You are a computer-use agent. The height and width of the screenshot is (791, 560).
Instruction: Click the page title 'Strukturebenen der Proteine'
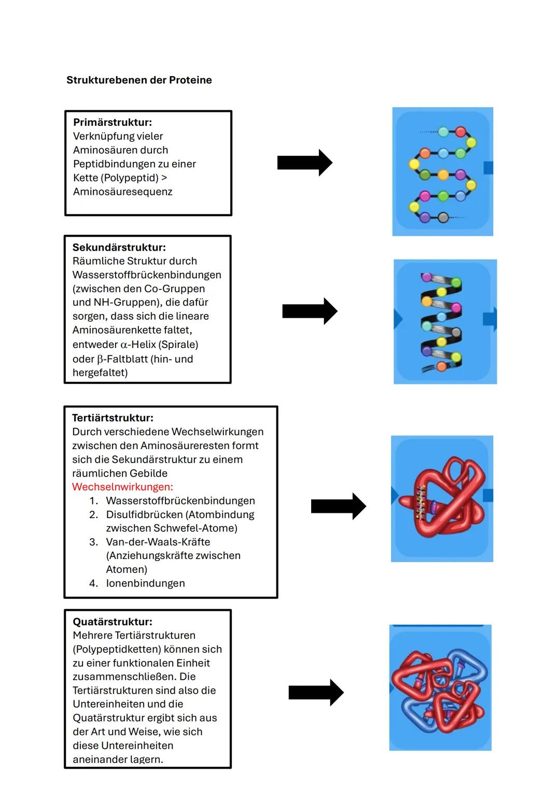tap(139, 80)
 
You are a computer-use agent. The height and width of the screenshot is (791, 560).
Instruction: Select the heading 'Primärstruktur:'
tap(113, 122)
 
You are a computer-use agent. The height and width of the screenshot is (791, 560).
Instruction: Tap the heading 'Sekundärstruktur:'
tap(119, 248)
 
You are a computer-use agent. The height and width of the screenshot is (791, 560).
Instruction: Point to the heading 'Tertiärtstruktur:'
tap(113, 418)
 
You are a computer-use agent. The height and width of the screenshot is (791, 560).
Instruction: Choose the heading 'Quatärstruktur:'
tap(113, 622)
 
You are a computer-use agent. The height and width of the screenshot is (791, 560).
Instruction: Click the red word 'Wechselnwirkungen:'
tap(122, 487)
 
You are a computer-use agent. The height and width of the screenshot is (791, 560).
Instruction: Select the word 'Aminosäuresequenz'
tap(122, 192)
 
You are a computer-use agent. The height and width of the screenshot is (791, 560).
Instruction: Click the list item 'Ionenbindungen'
tap(145, 583)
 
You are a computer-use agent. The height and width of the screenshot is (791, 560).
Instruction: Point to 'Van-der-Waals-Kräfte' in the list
tap(158, 542)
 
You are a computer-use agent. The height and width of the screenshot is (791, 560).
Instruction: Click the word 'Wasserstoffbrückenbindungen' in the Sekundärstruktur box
tap(147, 275)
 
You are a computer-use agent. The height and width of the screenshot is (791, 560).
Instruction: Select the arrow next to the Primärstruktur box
tap(304, 163)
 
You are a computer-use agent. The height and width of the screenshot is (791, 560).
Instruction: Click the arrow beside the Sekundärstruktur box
tap(310, 311)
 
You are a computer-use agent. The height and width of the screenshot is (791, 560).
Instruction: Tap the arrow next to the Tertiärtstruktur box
tap(338, 506)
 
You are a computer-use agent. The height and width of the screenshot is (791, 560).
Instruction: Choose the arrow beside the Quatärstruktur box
tap(316, 693)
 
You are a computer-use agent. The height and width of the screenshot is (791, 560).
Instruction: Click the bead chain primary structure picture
tap(442, 171)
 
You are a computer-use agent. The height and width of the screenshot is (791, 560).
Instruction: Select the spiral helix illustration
tap(444, 322)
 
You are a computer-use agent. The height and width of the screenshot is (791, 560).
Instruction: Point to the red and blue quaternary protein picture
tap(440, 688)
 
